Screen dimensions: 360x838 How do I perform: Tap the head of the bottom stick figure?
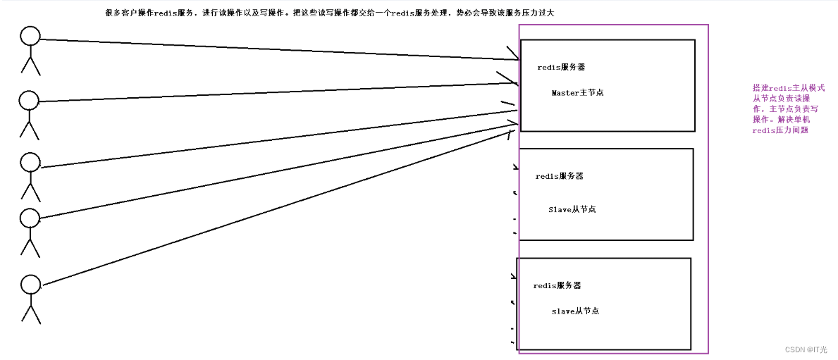coord(30,284)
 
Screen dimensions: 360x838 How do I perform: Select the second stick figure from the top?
coord(29,113)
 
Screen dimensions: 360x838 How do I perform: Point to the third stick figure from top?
coord(30,176)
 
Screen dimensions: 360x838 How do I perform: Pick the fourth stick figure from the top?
coord(30,231)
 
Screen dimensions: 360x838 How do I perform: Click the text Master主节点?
coord(577,93)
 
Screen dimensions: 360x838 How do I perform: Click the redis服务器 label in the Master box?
coord(561,68)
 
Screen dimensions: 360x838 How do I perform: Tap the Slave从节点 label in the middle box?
coord(572,210)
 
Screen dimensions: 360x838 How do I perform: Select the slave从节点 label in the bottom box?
coord(575,311)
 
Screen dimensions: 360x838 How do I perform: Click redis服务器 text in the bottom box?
coord(557,286)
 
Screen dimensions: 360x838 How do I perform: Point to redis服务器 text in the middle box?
coord(559,176)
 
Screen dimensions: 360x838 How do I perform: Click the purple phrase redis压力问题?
coord(780,130)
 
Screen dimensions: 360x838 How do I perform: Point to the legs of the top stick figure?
coord(30,66)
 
